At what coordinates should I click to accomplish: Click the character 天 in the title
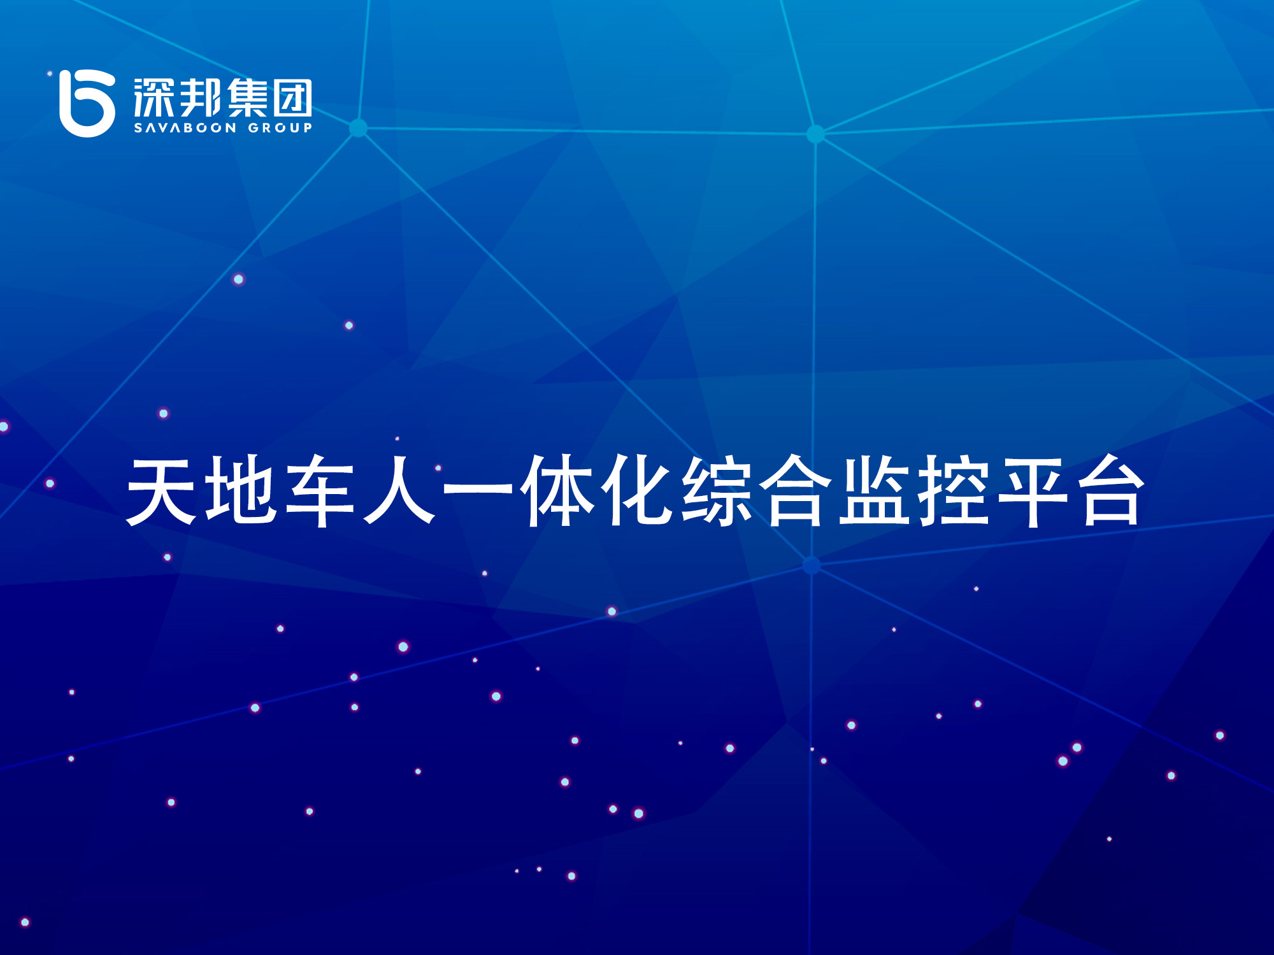tap(163, 490)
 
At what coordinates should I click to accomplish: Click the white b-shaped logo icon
tap(87, 103)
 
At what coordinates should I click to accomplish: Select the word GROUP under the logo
tap(280, 128)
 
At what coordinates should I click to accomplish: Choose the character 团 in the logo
tap(293, 97)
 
